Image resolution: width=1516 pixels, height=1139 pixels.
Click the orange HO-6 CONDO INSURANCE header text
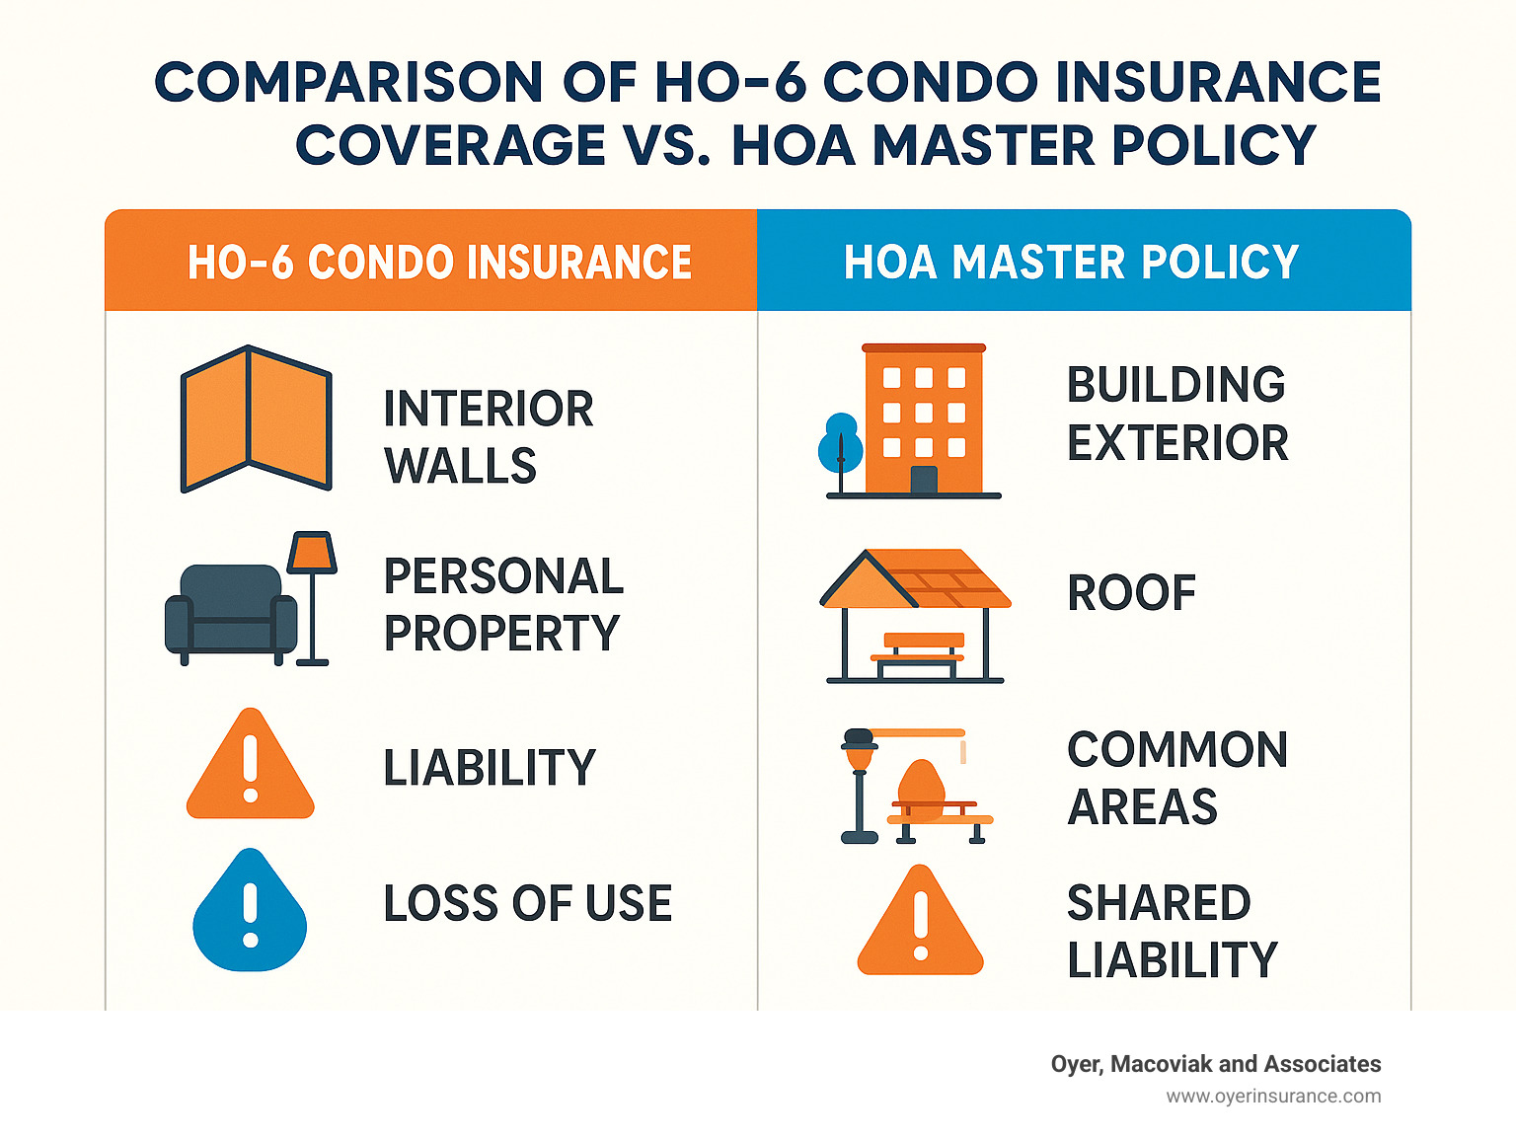pyautogui.click(x=439, y=262)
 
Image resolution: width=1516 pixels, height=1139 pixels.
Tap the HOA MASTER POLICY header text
pyautogui.click(x=1071, y=262)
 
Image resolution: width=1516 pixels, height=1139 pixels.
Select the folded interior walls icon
pyautogui.click(x=257, y=418)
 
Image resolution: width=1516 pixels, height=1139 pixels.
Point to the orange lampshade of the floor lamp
pyautogui.click(x=312, y=553)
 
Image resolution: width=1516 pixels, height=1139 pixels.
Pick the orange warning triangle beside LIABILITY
pyautogui.click(x=251, y=765)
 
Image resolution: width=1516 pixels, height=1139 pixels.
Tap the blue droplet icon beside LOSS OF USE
pyautogui.click(x=250, y=910)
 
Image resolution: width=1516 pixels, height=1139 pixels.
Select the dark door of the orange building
pyautogui.click(x=924, y=480)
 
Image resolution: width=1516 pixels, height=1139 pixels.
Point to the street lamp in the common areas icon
pyautogui.click(x=860, y=786)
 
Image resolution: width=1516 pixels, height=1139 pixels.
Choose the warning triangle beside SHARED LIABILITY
pyautogui.click(x=920, y=921)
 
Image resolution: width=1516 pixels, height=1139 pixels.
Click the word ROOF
pyautogui.click(x=1131, y=592)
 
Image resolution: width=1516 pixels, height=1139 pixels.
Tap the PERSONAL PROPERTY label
pyautogui.click(x=503, y=604)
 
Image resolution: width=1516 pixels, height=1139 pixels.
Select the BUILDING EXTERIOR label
pyautogui.click(x=1177, y=413)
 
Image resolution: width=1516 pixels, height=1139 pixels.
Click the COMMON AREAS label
pyautogui.click(x=1177, y=778)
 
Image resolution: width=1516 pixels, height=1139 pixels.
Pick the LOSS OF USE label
pyautogui.click(x=528, y=903)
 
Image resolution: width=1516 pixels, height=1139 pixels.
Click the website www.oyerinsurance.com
pyautogui.click(x=1273, y=1097)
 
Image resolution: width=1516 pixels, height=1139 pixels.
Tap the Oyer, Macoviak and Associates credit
pyautogui.click(x=1216, y=1064)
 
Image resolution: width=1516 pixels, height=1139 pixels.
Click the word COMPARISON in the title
pyautogui.click(x=348, y=82)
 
